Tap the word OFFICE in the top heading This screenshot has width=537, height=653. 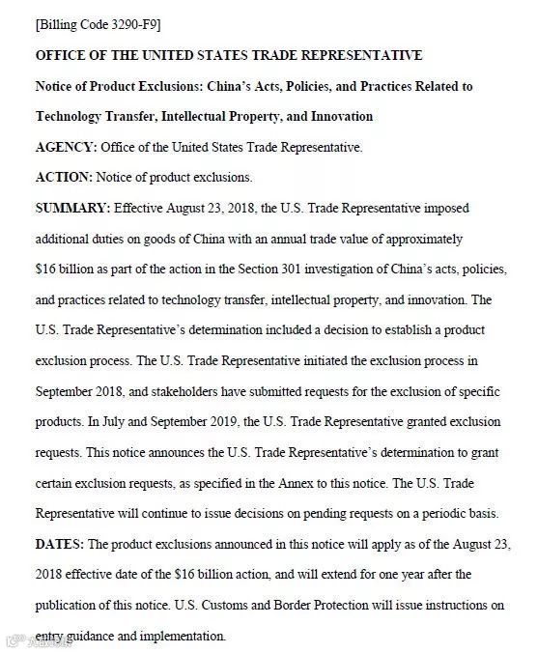point(63,55)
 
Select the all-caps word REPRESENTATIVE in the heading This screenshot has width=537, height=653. point(359,55)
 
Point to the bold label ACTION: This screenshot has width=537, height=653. point(64,178)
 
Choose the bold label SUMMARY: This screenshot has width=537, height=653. point(72,208)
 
